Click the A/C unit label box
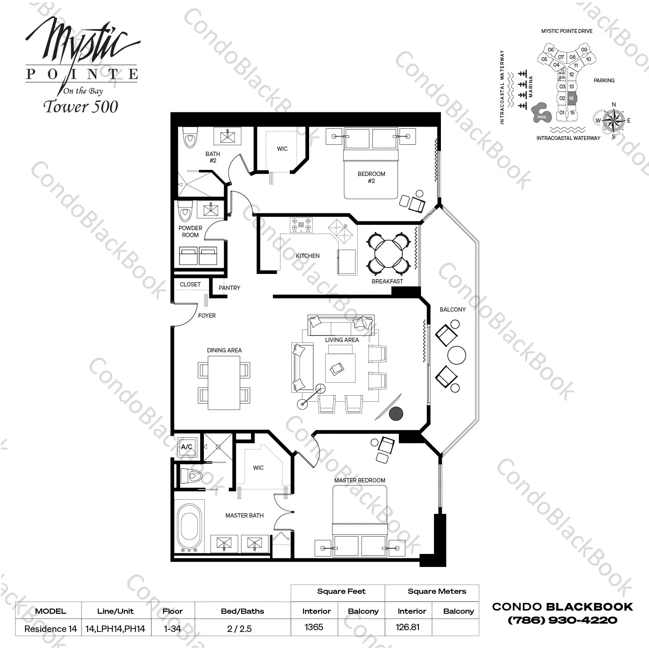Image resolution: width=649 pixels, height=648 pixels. tap(187, 447)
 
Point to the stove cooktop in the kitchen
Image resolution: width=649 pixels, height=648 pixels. tap(301, 225)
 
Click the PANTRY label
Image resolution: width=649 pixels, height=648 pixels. tap(229, 288)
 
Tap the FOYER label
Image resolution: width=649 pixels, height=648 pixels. tap(207, 316)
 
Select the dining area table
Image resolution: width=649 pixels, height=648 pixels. tap(224, 383)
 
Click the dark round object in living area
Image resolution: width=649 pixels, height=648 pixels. tap(395, 414)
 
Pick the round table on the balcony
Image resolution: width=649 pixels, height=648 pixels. tap(456, 355)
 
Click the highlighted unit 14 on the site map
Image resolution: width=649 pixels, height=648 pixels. tap(571, 98)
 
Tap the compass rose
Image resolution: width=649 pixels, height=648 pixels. tap(613, 120)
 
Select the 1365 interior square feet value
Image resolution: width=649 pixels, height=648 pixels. tap(314, 627)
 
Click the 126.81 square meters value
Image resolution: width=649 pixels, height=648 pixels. tap(408, 627)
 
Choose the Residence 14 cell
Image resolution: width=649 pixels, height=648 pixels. tap(50, 628)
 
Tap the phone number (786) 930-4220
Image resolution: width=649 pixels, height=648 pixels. tap(562, 620)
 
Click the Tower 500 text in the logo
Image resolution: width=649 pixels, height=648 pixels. tap(81, 107)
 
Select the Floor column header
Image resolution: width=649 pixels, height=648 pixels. tap(173, 611)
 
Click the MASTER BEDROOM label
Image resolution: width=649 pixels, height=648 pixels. tap(359, 480)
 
